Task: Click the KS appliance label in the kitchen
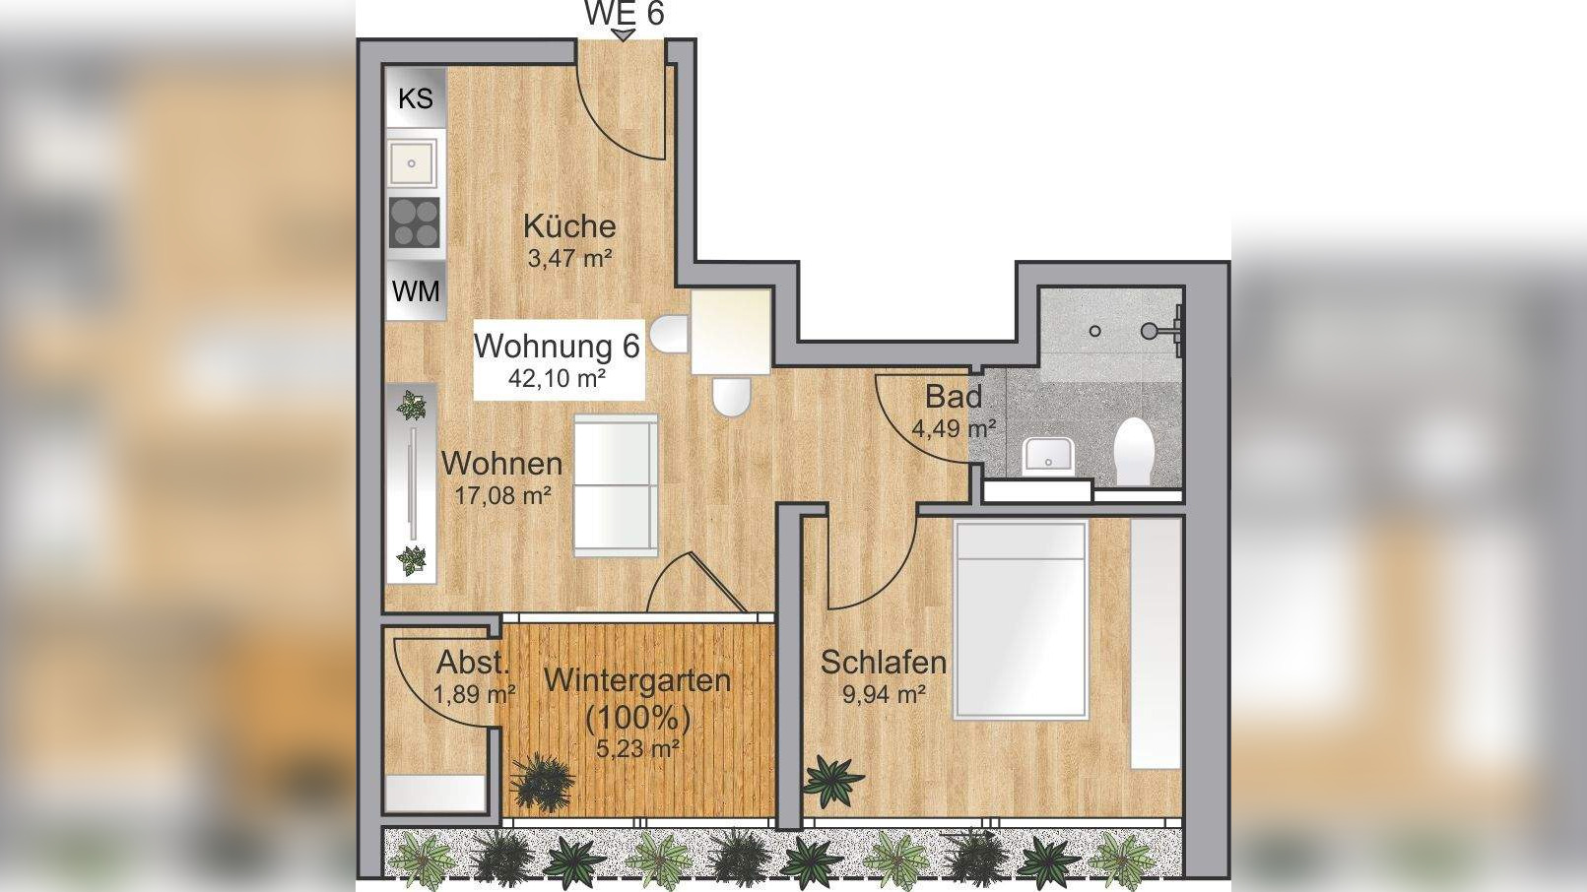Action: click(x=415, y=98)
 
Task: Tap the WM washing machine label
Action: click(x=416, y=291)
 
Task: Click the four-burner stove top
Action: click(x=415, y=223)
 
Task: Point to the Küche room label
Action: click(x=569, y=226)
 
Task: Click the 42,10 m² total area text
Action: click(x=557, y=378)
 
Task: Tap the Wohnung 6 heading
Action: click(x=557, y=346)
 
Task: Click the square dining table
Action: click(x=730, y=331)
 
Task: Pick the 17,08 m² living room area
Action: click(x=501, y=494)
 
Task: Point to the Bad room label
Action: click(x=953, y=397)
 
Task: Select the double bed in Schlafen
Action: click(x=1020, y=620)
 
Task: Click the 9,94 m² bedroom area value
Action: click(x=883, y=694)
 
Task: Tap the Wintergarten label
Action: click(x=637, y=680)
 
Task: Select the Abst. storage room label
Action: click(x=473, y=662)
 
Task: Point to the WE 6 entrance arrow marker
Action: click(x=624, y=35)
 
